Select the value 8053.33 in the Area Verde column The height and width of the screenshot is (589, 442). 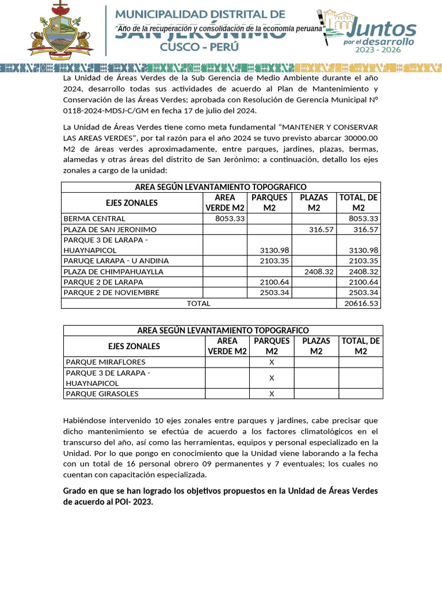(230, 219)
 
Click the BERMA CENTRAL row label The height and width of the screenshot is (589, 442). (94, 219)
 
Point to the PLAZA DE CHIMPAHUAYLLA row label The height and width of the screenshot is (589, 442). (113, 271)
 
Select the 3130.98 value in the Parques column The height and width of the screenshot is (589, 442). (274, 250)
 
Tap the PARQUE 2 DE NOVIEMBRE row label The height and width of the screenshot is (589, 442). (111, 292)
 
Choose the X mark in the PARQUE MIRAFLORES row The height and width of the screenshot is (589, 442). (272, 362)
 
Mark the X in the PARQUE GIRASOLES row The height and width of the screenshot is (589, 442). (272, 394)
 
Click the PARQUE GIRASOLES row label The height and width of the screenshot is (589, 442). (102, 394)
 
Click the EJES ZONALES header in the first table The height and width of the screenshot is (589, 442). (132, 202)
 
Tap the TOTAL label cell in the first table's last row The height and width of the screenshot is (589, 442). (199, 303)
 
